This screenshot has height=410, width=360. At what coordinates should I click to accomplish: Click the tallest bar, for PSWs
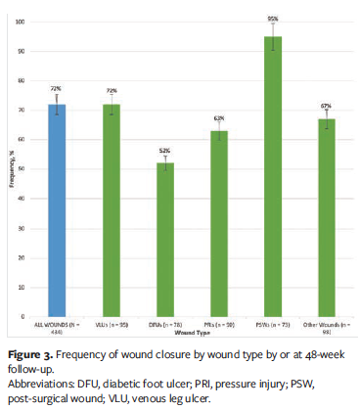click(x=271, y=176)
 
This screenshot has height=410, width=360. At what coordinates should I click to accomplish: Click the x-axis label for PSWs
click(x=271, y=324)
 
